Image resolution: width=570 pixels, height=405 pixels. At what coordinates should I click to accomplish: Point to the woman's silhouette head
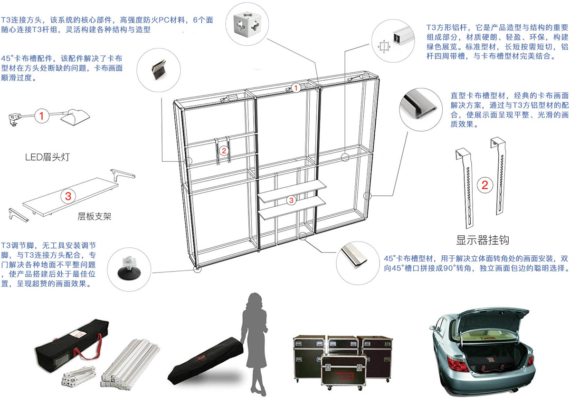point(256,301)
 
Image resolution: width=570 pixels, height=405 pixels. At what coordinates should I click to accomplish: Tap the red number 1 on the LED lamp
point(42,116)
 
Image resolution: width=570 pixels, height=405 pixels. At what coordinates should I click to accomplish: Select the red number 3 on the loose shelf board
point(67,195)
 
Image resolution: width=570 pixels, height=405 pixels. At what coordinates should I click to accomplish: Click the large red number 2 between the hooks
point(484,185)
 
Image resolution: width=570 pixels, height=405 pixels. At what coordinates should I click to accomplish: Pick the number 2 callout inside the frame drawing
point(224,151)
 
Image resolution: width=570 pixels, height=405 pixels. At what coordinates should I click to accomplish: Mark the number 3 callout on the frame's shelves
point(291,200)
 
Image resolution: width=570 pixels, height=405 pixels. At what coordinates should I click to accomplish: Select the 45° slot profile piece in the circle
point(354,255)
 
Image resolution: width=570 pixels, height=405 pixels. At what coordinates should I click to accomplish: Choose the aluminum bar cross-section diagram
point(383,46)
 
